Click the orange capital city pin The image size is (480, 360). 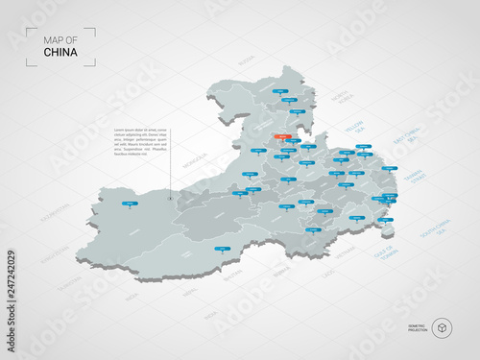pos(281,137)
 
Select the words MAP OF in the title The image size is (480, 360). pos(60,39)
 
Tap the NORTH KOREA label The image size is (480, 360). pos(341,101)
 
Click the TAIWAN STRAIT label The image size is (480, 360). pos(413,179)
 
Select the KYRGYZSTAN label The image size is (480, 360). pos(55,252)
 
